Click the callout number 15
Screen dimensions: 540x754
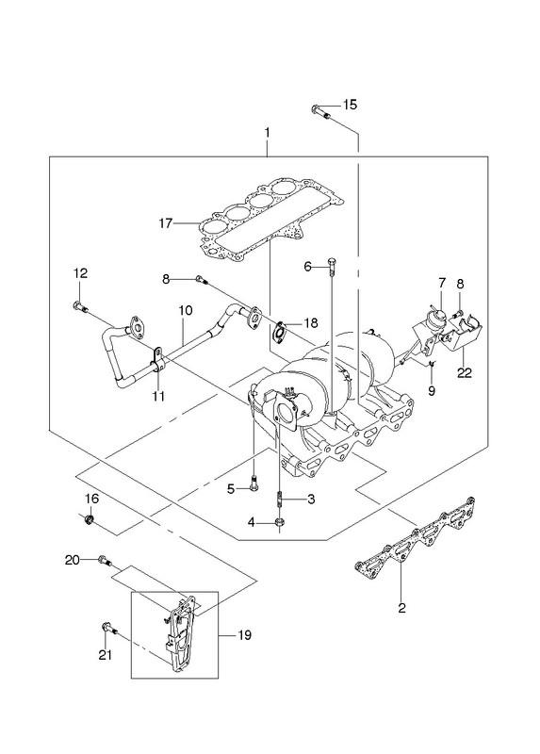click(350, 105)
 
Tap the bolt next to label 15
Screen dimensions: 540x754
click(320, 111)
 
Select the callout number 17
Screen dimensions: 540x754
click(166, 223)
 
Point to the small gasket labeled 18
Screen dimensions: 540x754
click(279, 334)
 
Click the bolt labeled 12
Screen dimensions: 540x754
click(80, 306)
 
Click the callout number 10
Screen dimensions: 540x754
click(186, 310)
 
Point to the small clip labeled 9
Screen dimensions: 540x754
click(432, 363)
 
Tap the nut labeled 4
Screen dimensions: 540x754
click(279, 522)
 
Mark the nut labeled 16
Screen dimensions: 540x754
click(89, 520)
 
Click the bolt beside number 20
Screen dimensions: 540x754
click(105, 561)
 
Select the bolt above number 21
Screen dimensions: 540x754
click(109, 629)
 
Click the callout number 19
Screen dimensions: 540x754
click(244, 635)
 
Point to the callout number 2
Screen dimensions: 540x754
click(402, 607)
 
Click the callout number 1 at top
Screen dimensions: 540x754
click(267, 132)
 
